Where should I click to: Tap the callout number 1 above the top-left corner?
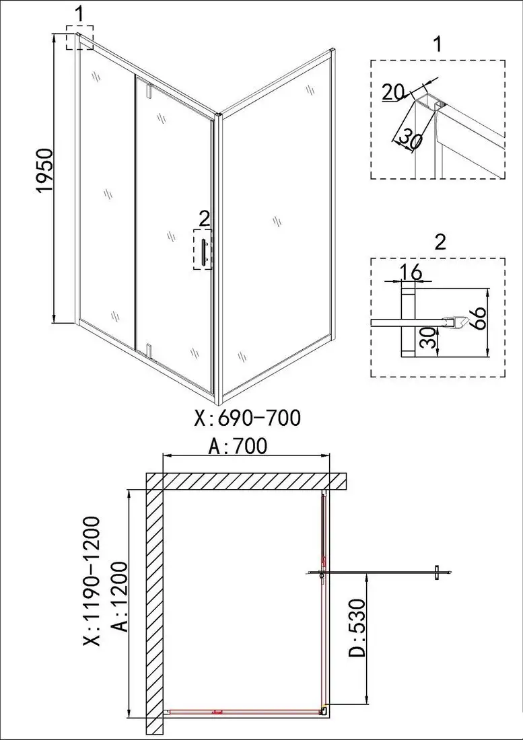pyautogui.click(x=79, y=13)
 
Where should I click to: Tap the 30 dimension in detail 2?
pyautogui.click(x=425, y=340)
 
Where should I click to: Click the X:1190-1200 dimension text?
pyautogui.click(x=92, y=580)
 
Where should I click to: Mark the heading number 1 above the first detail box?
pyautogui.click(x=438, y=45)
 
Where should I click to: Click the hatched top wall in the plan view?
pyautogui.click(x=246, y=482)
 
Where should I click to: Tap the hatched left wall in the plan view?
pyautogui.click(x=155, y=605)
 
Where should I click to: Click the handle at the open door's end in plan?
pyautogui.click(x=437, y=572)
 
